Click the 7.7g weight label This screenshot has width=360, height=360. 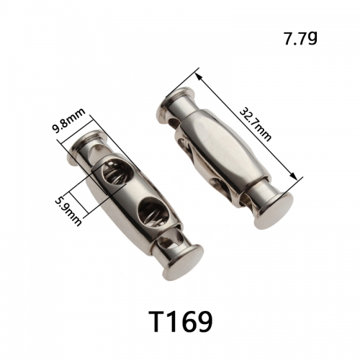(300, 38)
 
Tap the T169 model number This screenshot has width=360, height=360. (181, 321)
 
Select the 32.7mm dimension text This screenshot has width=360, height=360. (256, 125)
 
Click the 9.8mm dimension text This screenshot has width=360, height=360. (69, 121)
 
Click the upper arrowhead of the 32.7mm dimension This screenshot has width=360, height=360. (199, 77)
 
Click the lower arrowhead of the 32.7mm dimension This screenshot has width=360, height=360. (293, 176)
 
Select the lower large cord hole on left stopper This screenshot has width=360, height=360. (153, 210)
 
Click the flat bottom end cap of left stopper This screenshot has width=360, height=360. (184, 262)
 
